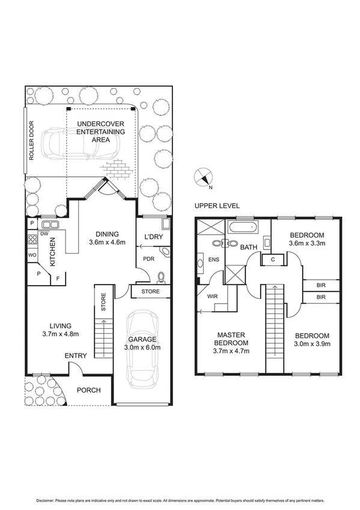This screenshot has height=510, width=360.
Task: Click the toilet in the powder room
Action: pos(160,277)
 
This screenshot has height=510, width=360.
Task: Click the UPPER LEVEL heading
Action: pos(212,206)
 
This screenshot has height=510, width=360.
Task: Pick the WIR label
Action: pos(212,296)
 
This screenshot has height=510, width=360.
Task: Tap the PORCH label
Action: pos(88,390)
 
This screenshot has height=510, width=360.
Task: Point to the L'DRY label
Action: pos(154,236)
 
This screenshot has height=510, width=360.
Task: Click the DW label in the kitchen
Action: pos(44,234)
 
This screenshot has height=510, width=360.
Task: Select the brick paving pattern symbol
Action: pos(118,169)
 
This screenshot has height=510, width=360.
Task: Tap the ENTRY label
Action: pos(76,355)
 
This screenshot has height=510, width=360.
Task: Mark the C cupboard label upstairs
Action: pos(272,259)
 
